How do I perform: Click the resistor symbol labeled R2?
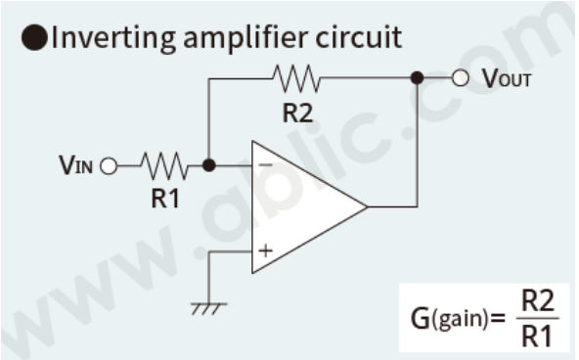point(297,77)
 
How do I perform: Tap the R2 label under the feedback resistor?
point(298,112)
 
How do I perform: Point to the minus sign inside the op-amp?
point(264,165)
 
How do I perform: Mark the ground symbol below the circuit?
point(207,306)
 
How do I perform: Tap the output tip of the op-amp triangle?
point(365,207)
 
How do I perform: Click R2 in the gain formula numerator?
point(534,300)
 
